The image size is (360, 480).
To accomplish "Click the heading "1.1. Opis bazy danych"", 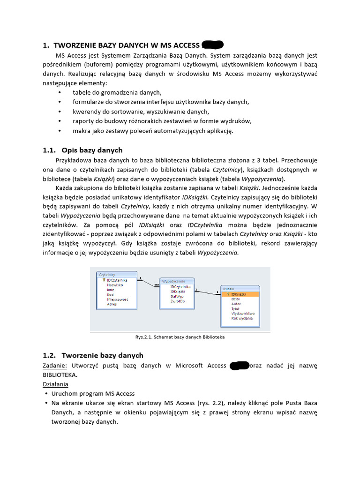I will click(82, 150).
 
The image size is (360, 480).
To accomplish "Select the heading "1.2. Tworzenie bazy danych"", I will click(93, 355).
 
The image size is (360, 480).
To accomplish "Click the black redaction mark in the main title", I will click(212, 45).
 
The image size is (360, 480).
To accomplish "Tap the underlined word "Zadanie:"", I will click(55, 366).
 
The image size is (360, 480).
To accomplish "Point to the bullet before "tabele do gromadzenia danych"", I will click(60, 93).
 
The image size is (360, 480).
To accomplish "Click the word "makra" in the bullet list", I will click(81, 131).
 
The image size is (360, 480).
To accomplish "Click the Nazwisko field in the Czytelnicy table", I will click(115, 285).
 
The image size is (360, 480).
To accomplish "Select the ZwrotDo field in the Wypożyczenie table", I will click(178, 301).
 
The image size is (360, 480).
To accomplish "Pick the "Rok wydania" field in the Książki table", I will click(242, 318).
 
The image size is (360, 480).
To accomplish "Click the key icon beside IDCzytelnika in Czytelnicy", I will click(103, 280).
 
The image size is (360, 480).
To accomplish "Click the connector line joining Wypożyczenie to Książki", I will click(206, 292).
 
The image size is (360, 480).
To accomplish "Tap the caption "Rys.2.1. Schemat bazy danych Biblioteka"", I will click(180, 337).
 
